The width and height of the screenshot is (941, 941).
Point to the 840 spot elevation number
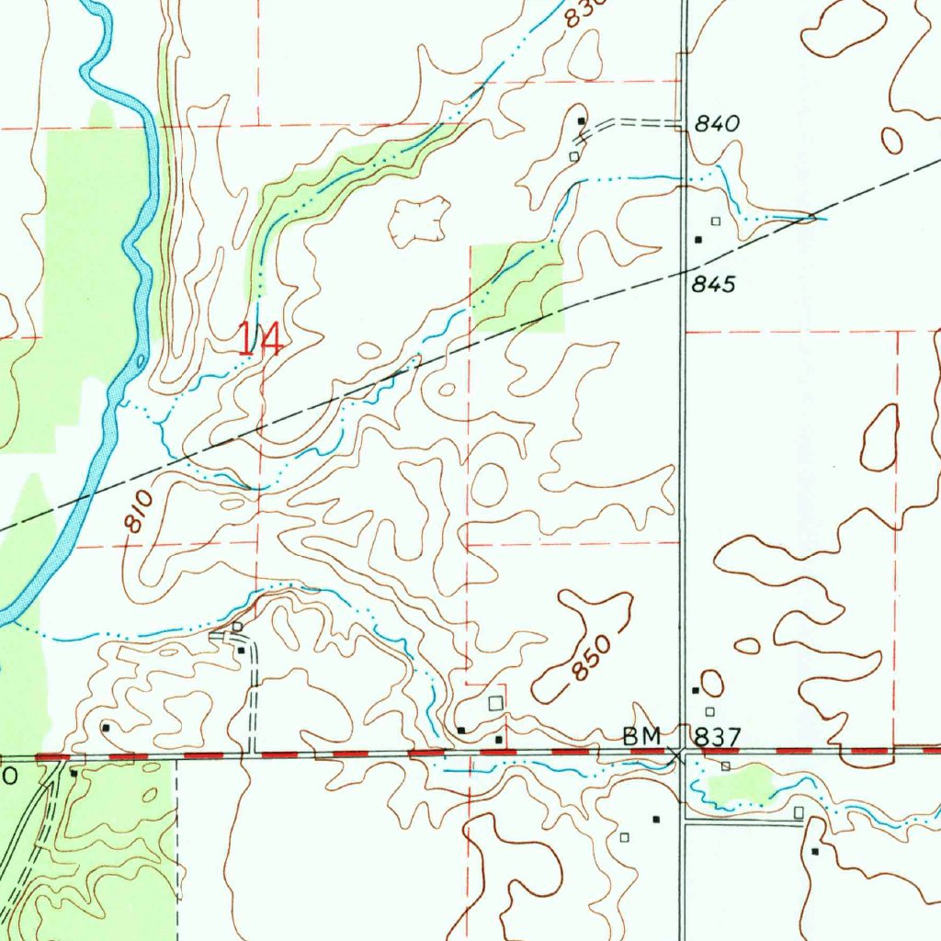click(x=718, y=125)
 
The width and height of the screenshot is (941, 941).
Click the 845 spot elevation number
click(x=714, y=285)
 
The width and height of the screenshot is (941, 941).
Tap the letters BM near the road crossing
click(x=642, y=735)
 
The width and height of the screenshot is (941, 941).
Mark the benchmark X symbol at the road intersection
click(x=677, y=754)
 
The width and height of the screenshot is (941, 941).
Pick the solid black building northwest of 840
click(x=581, y=121)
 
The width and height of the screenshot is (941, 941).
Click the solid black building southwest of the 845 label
click(x=698, y=240)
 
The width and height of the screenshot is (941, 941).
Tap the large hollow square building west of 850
click(x=496, y=703)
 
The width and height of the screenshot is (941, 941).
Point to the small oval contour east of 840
click(x=891, y=140)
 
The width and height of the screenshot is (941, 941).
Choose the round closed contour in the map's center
click(x=488, y=483)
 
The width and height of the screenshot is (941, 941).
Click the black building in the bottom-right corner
click(x=815, y=852)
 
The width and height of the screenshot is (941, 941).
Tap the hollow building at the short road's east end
click(x=799, y=813)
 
